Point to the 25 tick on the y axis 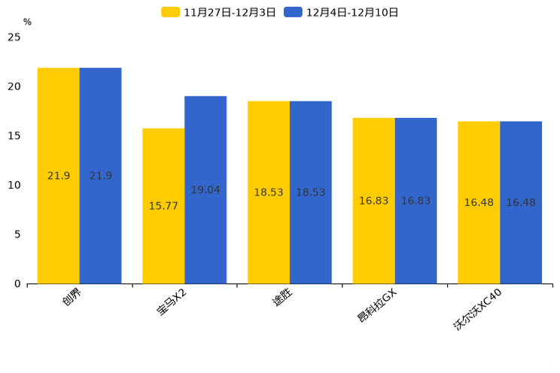point(14,37)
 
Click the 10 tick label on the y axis point(14,185)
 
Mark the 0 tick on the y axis point(17,284)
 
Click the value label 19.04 point(205,190)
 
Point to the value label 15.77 point(163,206)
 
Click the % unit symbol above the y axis point(27,22)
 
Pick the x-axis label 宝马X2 point(172,304)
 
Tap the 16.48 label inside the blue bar point(521,203)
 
